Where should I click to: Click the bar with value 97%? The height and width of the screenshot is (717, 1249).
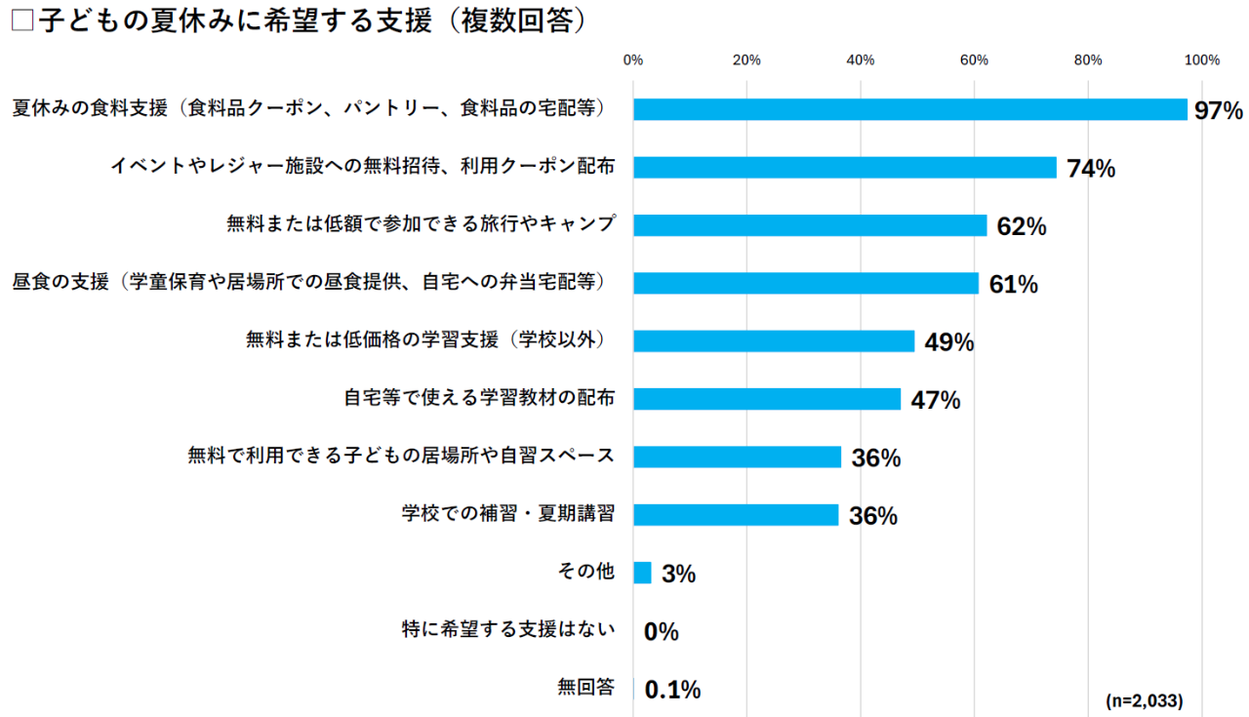click(909, 109)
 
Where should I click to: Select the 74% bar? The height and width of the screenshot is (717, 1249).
click(844, 167)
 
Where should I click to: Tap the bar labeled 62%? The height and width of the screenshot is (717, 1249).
click(810, 225)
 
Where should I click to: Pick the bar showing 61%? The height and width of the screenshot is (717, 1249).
click(806, 283)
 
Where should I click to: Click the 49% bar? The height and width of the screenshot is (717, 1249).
click(774, 340)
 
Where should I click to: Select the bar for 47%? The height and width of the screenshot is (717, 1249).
click(767, 399)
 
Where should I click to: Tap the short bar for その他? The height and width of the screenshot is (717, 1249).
click(642, 573)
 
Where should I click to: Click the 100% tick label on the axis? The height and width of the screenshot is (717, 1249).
click(1201, 60)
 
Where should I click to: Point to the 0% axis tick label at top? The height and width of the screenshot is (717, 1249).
click(633, 60)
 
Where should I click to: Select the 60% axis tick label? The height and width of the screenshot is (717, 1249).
click(974, 60)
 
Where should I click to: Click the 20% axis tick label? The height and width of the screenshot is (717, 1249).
click(746, 60)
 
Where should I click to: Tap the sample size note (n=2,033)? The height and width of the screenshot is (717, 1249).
click(1145, 700)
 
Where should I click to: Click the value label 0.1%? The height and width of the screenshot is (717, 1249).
click(673, 690)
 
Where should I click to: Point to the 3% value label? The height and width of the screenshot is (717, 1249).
click(678, 575)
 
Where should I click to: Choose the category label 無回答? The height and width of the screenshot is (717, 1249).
click(585, 688)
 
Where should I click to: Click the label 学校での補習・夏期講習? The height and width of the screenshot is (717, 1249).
click(508, 514)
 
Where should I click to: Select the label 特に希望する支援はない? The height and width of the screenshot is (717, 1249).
click(508, 630)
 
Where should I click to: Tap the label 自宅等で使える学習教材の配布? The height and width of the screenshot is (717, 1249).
click(479, 399)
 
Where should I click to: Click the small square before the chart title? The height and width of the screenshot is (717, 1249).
click(21, 22)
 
